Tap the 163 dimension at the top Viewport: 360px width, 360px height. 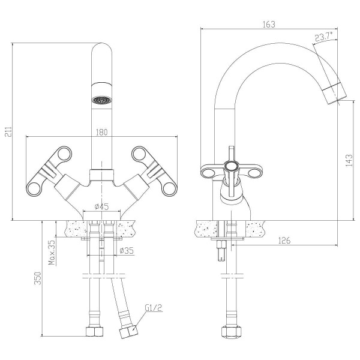[269, 24]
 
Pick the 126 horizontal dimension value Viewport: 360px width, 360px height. [286, 241]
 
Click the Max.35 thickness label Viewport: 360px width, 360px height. [52, 252]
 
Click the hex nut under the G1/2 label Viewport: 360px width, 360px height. [127, 332]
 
